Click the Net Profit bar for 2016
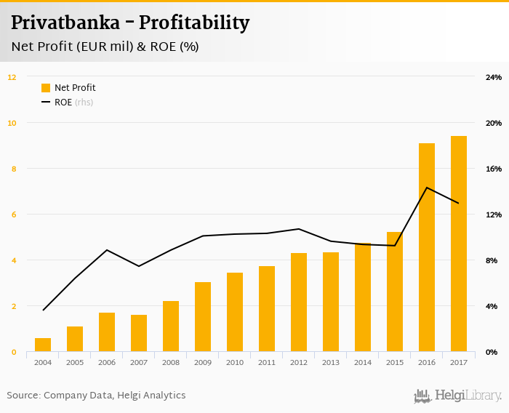pyautogui.click(x=427, y=247)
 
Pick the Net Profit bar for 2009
pyautogui.click(x=203, y=317)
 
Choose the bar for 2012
pyautogui.click(x=299, y=302)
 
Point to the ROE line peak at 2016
pyautogui.click(x=427, y=188)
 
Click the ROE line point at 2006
pyautogui.click(x=107, y=250)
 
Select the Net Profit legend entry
pyautogui.click(x=68, y=88)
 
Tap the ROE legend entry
pyautogui.click(x=67, y=103)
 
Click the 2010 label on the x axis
pyautogui.click(x=235, y=363)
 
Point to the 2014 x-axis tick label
pyautogui.click(x=363, y=363)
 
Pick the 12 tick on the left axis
pyautogui.click(x=12, y=76)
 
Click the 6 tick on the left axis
pyautogui.click(x=12, y=214)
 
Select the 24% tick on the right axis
pyautogui.click(x=494, y=77)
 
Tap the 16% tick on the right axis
pyautogui.click(x=494, y=169)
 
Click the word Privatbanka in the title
pyautogui.click(x=63, y=23)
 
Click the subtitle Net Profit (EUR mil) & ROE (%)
pyautogui.click(x=105, y=47)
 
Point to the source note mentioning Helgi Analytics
pyautogui.click(x=96, y=396)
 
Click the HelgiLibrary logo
pyautogui.click(x=458, y=396)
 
